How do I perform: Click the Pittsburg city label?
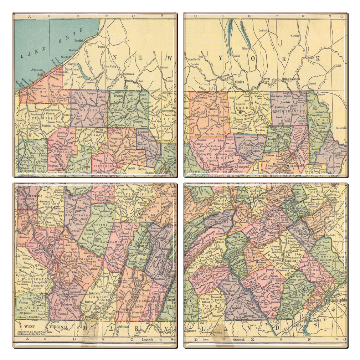(54, 251)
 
